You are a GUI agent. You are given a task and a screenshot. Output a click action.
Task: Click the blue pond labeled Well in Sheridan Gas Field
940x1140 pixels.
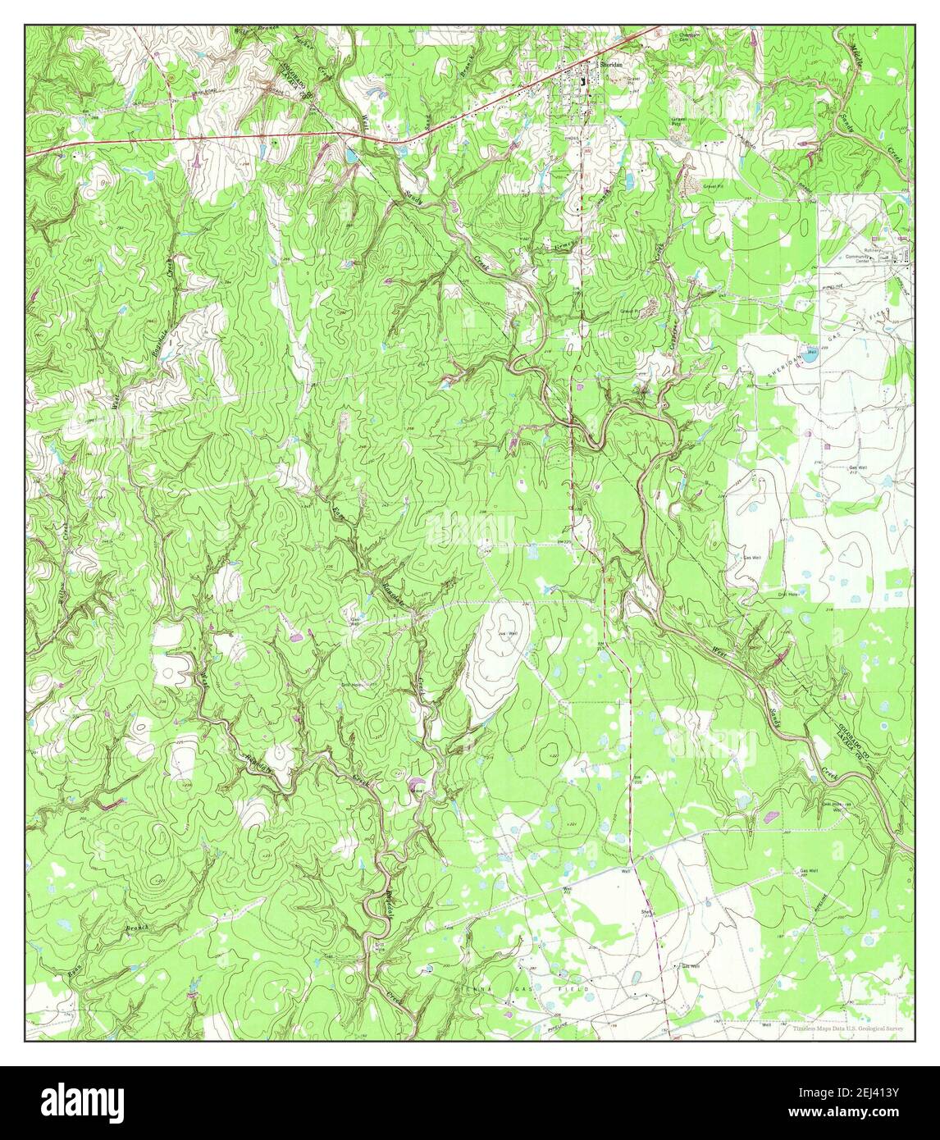point(808,356)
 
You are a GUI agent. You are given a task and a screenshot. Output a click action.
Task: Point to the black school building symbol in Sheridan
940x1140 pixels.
point(583,81)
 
